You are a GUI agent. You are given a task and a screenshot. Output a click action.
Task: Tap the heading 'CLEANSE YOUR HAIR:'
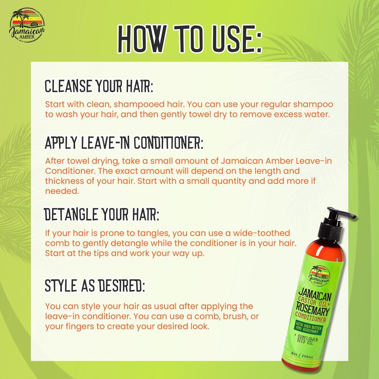[x=99, y=86]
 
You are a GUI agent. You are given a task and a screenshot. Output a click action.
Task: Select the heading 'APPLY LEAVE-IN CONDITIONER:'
[x=124, y=143]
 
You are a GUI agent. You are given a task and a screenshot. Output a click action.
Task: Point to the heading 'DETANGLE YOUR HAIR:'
[x=102, y=215]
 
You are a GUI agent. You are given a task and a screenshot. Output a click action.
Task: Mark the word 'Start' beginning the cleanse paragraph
[x=54, y=104]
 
